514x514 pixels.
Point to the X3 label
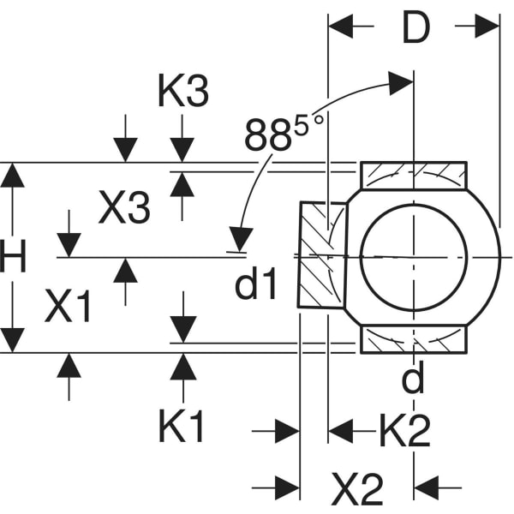(x=125, y=208)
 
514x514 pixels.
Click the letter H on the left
(x=13, y=257)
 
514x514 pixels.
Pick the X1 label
(x=69, y=308)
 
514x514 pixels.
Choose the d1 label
(x=257, y=285)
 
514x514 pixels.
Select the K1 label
(x=182, y=426)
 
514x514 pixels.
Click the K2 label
(x=404, y=433)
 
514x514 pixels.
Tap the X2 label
(x=357, y=488)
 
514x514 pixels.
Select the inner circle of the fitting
(x=413, y=255)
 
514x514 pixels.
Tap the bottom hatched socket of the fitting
(x=413, y=338)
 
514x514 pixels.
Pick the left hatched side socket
(x=321, y=254)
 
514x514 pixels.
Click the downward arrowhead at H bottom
(x=13, y=339)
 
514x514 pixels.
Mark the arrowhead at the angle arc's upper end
(x=401, y=81)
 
